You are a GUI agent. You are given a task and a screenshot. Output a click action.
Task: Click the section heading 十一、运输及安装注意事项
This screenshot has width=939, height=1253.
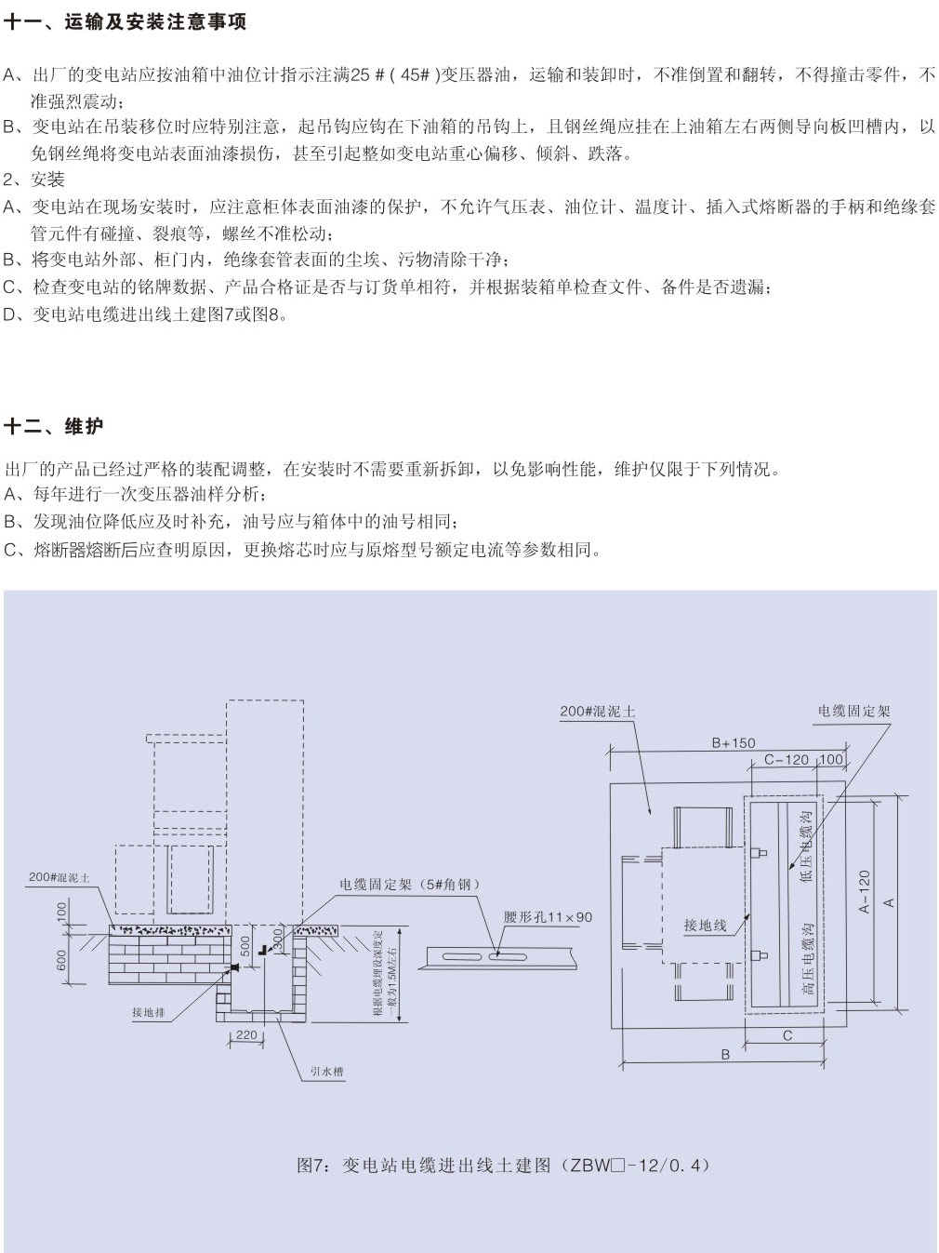[x=126, y=22]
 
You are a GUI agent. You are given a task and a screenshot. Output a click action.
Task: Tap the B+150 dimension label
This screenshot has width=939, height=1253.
[x=734, y=743]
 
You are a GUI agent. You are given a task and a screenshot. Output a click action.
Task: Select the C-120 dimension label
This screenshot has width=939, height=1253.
[x=786, y=760]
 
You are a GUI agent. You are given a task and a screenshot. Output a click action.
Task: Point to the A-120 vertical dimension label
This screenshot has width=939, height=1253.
[x=865, y=891]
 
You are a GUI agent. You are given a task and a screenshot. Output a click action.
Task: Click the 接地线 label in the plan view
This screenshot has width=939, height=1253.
[x=706, y=926]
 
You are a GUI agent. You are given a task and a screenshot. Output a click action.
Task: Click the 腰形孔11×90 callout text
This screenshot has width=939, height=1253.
[x=548, y=917]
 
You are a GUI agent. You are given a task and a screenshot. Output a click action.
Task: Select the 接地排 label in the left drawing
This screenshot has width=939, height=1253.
[x=149, y=1013]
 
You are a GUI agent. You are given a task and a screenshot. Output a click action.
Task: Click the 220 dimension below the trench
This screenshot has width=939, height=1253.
[x=246, y=1034]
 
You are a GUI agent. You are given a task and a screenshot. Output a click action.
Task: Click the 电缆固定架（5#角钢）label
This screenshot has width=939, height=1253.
[x=410, y=885]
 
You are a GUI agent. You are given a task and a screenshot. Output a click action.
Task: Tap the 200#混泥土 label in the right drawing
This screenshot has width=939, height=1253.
[x=598, y=712]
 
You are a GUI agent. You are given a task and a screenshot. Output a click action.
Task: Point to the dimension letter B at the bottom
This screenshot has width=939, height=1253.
[x=726, y=1055]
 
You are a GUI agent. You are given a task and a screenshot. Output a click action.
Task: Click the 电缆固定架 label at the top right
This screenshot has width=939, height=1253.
[x=853, y=711]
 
